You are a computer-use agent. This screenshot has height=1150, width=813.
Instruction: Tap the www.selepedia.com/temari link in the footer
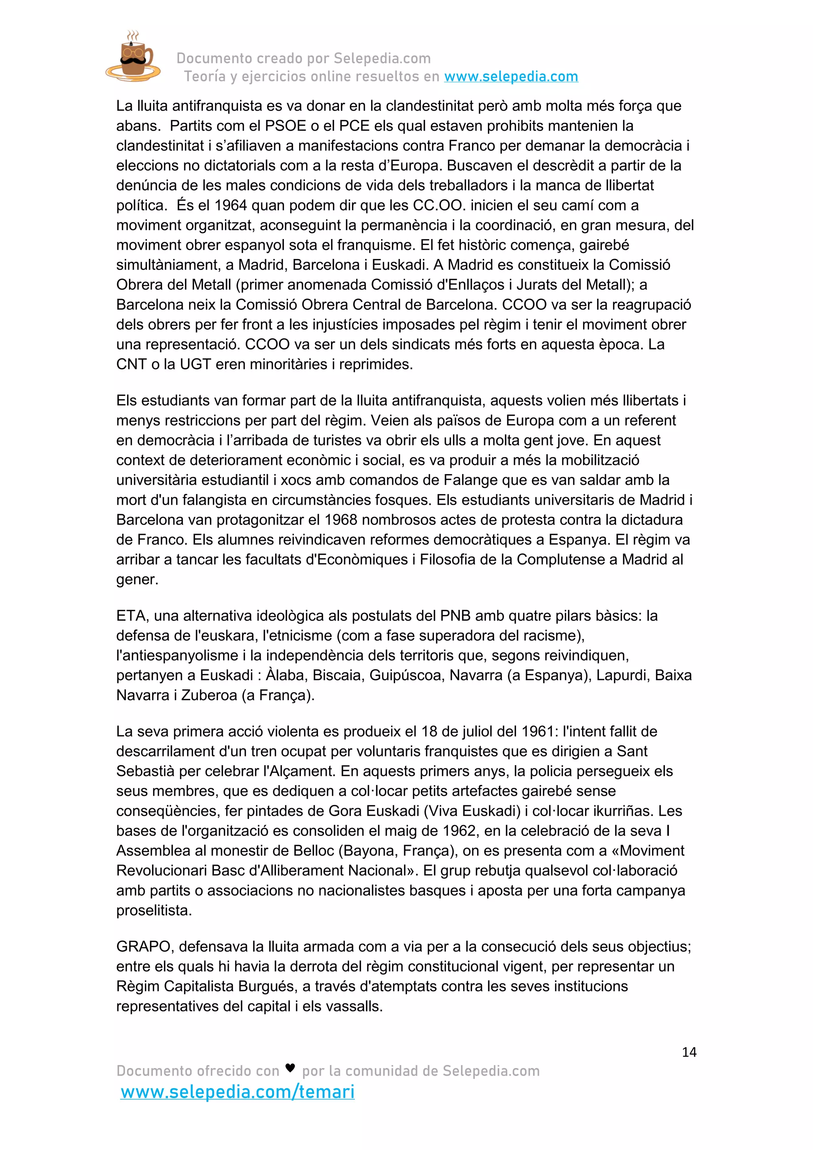click(237, 1091)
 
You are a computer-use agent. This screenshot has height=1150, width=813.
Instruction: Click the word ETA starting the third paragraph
click(131, 616)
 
